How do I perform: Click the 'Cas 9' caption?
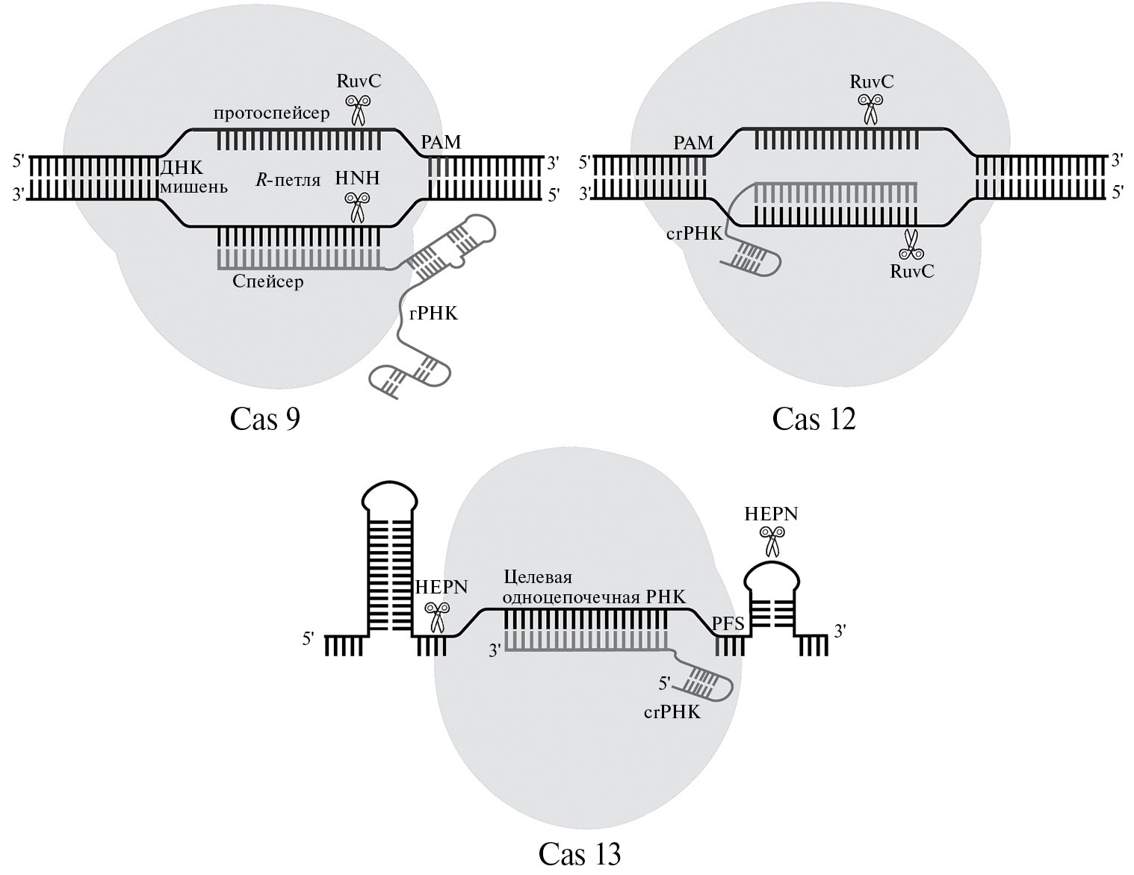[265, 419]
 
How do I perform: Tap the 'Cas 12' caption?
[814, 419]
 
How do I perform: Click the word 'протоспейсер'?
[271, 113]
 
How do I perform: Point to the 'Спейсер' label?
[267, 282]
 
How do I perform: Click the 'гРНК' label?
[433, 314]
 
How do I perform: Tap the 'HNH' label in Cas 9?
[357, 178]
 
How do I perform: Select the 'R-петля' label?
[288, 180]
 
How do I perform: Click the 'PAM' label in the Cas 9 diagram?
[441, 142]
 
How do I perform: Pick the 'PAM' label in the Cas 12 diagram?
[693, 143]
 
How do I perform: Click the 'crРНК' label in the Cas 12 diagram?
[694, 234]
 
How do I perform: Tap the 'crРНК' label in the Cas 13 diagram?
[672, 712]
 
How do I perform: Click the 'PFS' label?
[728, 623]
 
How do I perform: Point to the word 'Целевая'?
[538, 577]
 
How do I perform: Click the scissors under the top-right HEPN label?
[772, 541]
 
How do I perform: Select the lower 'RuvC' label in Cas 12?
[911, 271]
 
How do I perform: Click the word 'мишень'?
[193, 187]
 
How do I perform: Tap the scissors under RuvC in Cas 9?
[358, 109]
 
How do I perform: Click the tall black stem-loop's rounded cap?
[390, 497]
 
